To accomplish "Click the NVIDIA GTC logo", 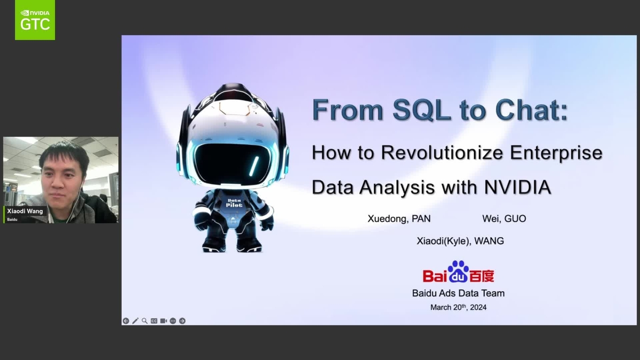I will coord(35,20).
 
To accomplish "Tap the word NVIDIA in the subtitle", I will coord(517,188).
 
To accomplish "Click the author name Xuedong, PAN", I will coord(399,219).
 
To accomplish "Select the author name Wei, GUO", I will coord(504,219).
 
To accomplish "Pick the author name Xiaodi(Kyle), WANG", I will coord(460,241).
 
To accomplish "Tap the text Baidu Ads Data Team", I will coord(458,293).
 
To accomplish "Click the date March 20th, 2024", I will coord(458,307).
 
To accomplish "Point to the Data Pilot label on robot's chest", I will coord(234,202).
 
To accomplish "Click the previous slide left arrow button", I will coord(126,321).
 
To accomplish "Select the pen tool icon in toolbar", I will coord(135,321).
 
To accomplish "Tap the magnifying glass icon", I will coord(145,321).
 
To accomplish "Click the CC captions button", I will coord(154,321).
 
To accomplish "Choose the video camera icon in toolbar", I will coord(164,321).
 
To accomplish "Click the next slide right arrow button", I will coord(182,321).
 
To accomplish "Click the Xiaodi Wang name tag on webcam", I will coord(25,211).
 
